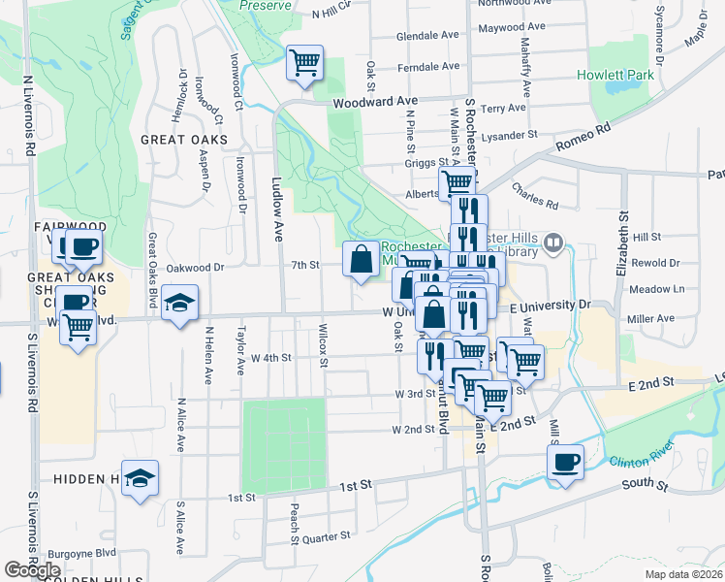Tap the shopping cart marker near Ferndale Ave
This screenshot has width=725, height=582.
click(305, 64)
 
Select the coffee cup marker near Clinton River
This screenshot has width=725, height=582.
click(565, 462)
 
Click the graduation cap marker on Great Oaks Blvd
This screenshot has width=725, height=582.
click(179, 304)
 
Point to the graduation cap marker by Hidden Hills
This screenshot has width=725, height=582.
click(141, 478)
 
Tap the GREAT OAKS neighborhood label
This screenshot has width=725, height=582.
click(183, 140)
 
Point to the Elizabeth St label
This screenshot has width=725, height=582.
click(623, 242)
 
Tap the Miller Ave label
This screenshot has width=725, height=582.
click(650, 318)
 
